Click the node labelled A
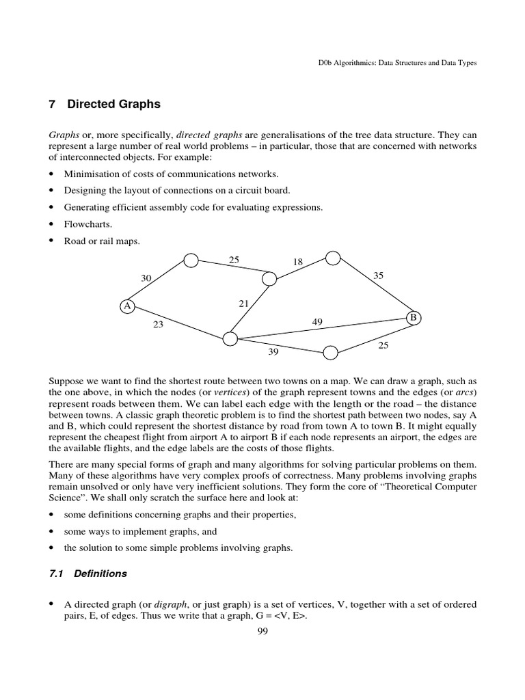point(126,306)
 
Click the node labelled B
point(413,317)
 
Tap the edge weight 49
point(318,322)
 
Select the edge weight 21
point(243,304)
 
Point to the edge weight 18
point(297,262)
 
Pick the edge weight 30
point(146,278)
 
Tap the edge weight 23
point(158,325)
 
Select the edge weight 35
point(379,275)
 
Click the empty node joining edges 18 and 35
point(333,258)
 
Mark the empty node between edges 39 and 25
point(330,353)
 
